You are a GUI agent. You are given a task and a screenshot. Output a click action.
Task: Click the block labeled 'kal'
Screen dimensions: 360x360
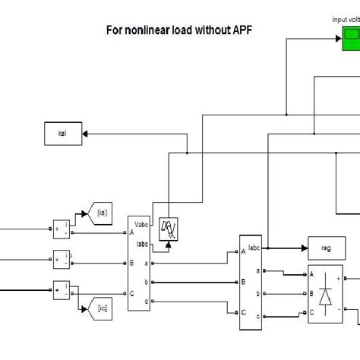point(63,134)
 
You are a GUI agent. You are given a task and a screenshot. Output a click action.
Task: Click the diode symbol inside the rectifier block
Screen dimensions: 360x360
point(325,298)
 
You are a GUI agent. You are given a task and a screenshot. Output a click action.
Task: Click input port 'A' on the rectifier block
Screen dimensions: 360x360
point(311,274)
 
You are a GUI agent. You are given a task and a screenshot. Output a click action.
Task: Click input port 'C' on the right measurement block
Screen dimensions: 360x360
point(244,311)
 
